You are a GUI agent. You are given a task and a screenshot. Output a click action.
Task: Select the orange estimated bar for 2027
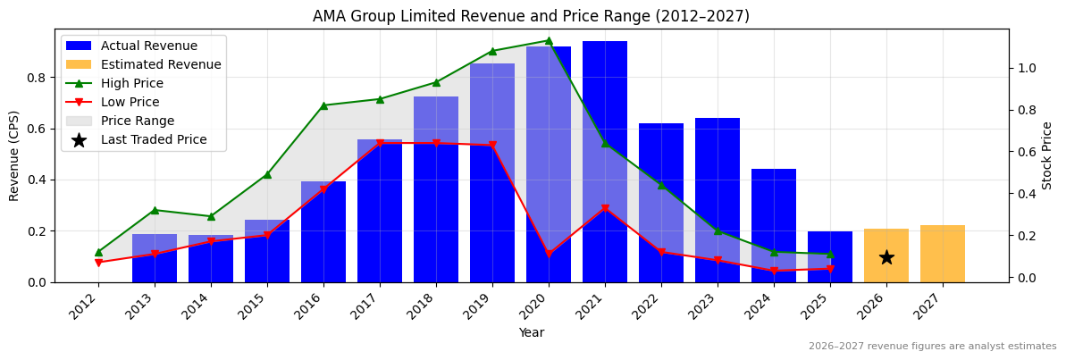[x=943, y=254]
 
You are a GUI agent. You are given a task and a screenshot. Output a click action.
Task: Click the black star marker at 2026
[x=886, y=257]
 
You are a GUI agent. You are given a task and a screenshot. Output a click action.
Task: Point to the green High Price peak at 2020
[x=549, y=40]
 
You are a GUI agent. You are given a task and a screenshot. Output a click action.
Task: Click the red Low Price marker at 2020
[x=549, y=254]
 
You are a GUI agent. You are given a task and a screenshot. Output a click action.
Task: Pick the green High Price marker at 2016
[x=323, y=105]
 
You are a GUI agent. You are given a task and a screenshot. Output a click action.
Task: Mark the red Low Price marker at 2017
[x=380, y=143]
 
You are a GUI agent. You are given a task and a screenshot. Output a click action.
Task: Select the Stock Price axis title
[x=1047, y=155]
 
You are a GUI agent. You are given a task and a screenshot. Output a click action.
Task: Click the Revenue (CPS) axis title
[x=14, y=155]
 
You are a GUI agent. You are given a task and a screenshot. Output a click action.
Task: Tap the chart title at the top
[x=531, y=16]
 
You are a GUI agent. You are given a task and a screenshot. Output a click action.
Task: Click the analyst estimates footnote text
[x=932, y=347]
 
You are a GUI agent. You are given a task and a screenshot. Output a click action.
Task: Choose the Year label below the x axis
[x=531, y=332]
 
